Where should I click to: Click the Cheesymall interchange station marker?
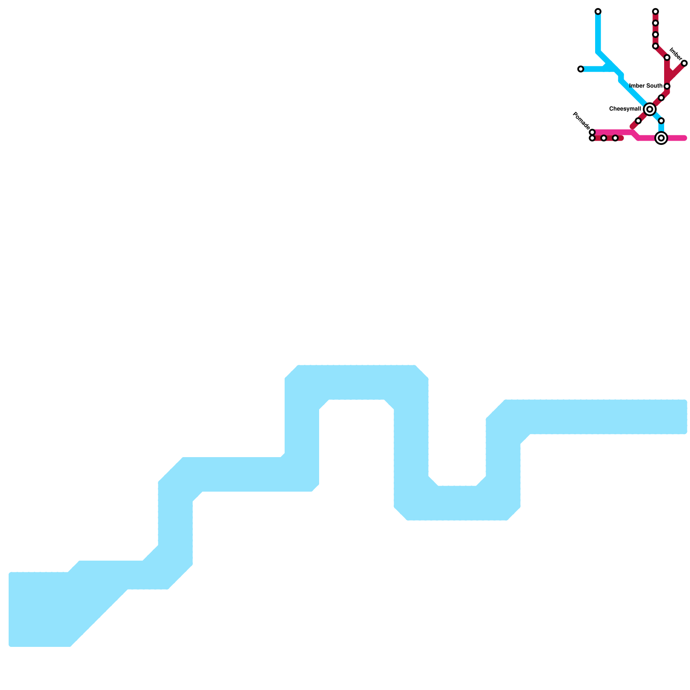click(x=649, y=110)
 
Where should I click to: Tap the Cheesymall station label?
click(x=624, y=109)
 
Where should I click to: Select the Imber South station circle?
click(x=667, y=86)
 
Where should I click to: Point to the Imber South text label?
click(x=646, y=86)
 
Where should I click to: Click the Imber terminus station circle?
click(x=684, y=63)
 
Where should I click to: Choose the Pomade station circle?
click(x=592, y=132)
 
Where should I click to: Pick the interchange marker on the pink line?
click(x=661, y=138)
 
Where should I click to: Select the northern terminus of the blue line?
click(x=598, y=11)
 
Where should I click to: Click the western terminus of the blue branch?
click(x=580, y=69)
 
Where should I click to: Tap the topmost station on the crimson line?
click(x=655, y=11)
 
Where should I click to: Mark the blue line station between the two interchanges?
click(x=661, y=121)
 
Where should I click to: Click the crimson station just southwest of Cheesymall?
click(x=638, y=121)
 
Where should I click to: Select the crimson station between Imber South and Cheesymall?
click(x=661, y=98)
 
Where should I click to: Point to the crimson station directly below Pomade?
click(x=592, y=138)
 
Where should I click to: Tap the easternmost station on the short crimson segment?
click(x=615, y=138)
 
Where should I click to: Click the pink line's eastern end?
click(x=684, y=138)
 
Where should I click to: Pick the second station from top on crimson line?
click(x=655, y=23)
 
